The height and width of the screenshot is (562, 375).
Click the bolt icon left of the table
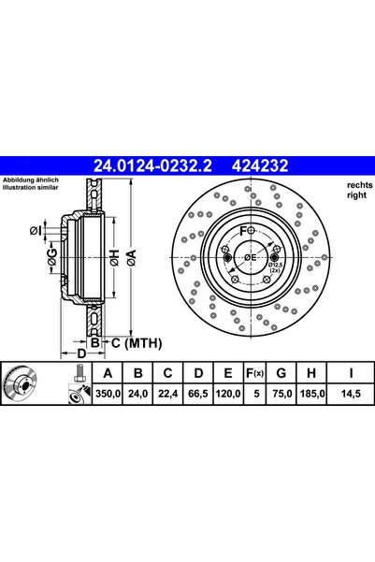point(76,385)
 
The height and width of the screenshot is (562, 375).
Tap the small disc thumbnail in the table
point(25,385)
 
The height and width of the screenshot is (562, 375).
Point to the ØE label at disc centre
point(250,258)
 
